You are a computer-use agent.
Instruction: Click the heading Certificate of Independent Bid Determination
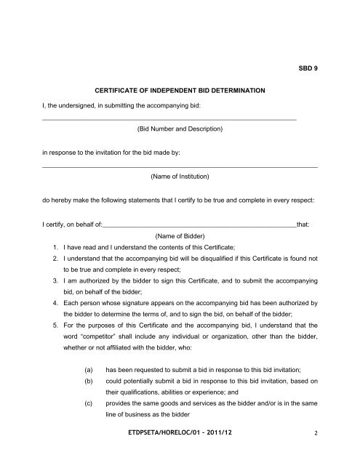pos(180,91)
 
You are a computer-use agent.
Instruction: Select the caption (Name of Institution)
pos(180,177)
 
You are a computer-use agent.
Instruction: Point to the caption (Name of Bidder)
pos(180,236)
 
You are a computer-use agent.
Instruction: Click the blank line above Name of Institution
pos(180,167)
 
